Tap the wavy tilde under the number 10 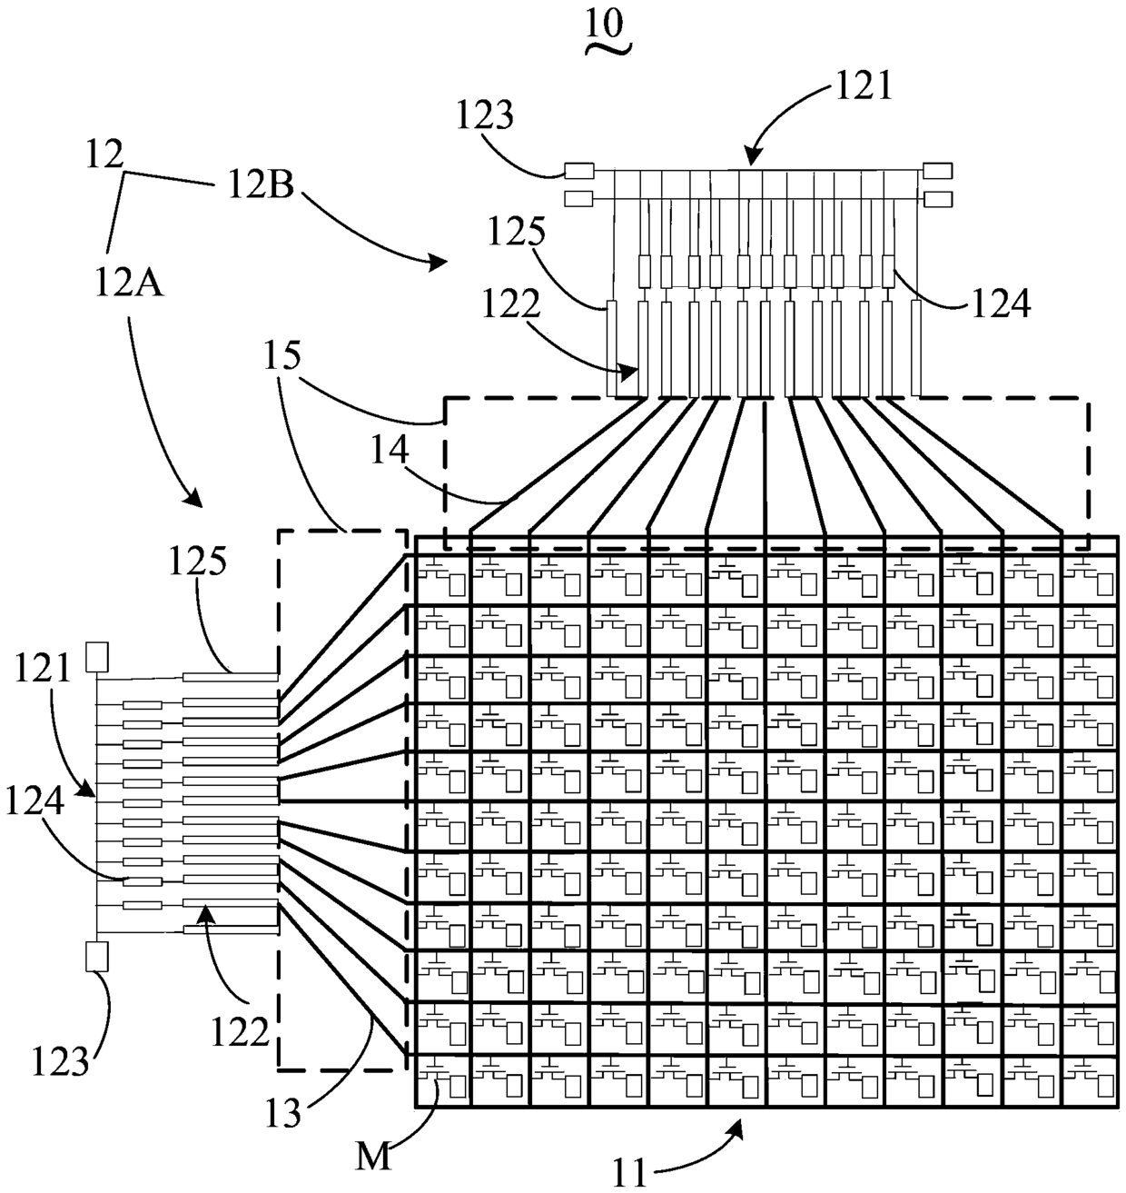click(607, 49)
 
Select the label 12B click(261, 185)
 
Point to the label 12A click(129, 283)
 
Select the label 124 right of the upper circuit click(1001, 303)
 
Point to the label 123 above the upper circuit click(485, 114)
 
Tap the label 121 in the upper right click(863, 86)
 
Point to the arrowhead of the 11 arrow click(737, 1128)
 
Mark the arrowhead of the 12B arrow click(440, 263)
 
